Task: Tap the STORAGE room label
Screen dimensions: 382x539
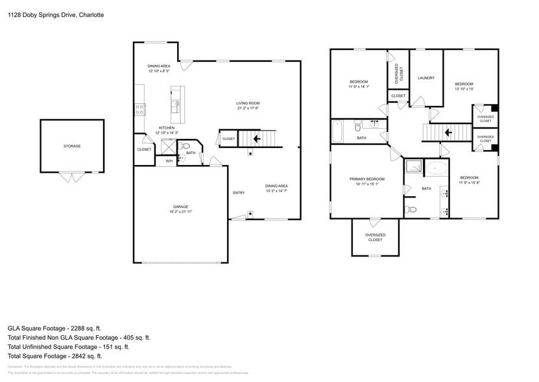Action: tap(72, 146)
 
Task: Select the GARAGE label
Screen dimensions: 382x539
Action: tap(180, 207)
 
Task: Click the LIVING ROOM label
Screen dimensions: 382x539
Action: tap(247, 103)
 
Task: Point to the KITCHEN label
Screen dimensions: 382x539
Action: tap(167, 128)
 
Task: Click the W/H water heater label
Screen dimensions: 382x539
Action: tap(169, 160)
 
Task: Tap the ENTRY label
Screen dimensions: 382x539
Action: tap(239, 193)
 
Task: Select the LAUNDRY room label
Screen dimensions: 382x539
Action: tap(425, 78)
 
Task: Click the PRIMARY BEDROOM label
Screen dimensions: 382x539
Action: tap(366, 179)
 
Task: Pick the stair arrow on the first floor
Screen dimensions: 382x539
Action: tap(257, 138)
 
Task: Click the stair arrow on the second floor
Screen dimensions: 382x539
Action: tap(447, 133)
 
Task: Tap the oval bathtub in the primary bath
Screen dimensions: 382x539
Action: tap(437, 169)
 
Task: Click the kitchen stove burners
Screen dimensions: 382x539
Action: tap(139, 109)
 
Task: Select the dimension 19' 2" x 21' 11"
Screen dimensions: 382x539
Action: tap(180, 212)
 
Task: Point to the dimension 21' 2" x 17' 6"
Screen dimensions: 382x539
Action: tap(247, 108)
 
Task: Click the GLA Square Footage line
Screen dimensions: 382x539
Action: tap(54, 329)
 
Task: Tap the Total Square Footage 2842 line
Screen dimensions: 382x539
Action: tap(54, 356)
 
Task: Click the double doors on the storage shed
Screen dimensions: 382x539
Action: tap(71, 176)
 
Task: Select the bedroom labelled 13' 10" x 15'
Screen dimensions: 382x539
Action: tap(464, 86)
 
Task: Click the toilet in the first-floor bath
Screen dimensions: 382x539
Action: tap(185, 147)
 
